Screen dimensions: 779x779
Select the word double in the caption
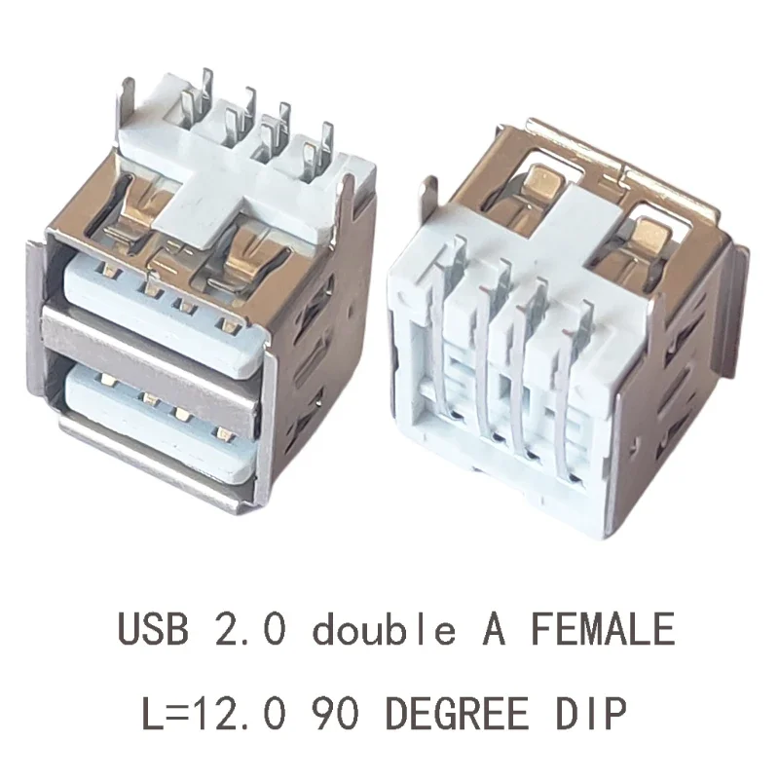point(384,630)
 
